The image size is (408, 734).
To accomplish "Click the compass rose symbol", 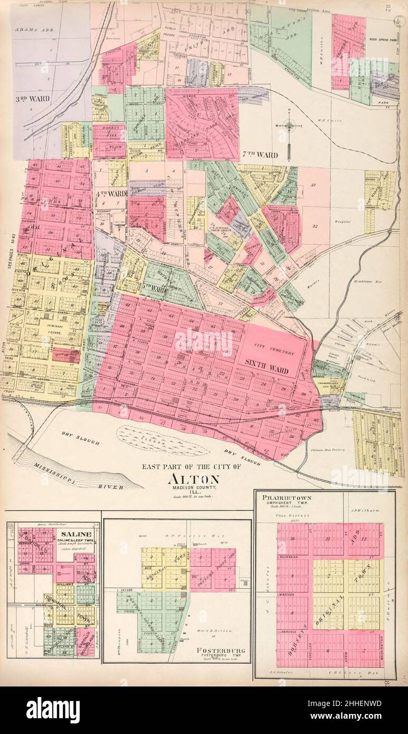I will click(289, 126).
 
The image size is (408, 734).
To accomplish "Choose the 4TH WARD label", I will click(111, 193).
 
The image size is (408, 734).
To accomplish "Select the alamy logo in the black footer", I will click(53, 710).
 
